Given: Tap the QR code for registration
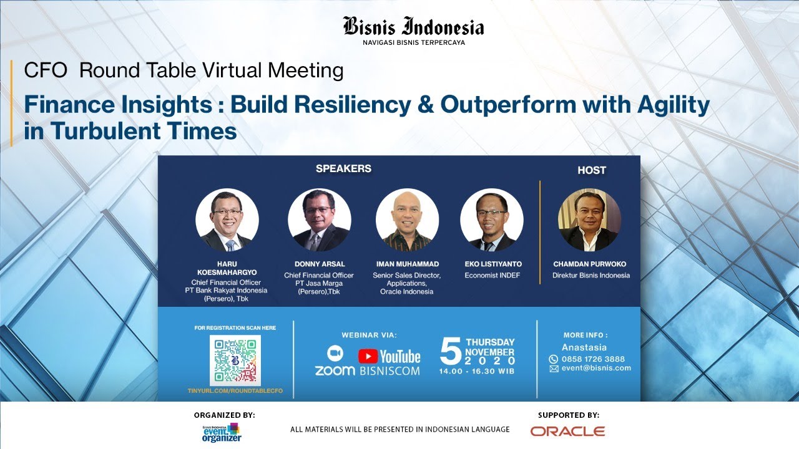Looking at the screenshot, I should coord(235,360).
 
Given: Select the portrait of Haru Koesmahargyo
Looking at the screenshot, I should coord(227,220).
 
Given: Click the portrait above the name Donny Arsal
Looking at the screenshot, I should coord(320,220).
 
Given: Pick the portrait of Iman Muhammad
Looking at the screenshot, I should coord(407,220).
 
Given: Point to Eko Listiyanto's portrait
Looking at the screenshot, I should coord(492,220).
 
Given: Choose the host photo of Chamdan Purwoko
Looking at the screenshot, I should coord(589,220).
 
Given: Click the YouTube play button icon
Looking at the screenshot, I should coord(368,356).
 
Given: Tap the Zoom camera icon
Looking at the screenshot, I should coord(335,353).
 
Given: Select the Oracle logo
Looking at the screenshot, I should coord(567,431).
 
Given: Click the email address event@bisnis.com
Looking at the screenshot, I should coord(596,368).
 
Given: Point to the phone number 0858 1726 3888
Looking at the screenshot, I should coord(592,359).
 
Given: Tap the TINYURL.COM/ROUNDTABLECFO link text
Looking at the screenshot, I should coord(235,390).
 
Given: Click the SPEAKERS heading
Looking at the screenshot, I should coord(343,168).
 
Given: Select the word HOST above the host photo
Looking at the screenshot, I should coord(591,170).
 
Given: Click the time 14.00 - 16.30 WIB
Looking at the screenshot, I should coord(477,372).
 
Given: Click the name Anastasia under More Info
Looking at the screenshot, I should coord(584,347).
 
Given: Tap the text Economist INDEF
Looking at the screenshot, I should coord(492,275).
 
